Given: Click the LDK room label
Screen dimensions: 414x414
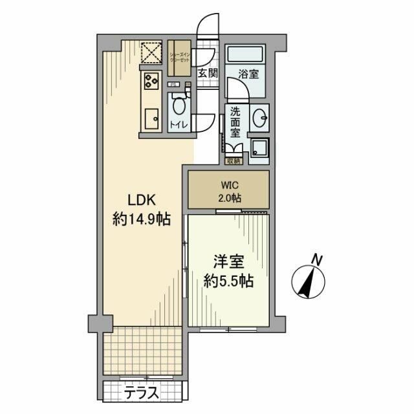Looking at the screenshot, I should pos(140,199).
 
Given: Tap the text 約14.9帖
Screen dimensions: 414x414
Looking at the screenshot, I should pos(141,220).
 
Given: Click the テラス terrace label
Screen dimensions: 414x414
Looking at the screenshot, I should pos(144,391).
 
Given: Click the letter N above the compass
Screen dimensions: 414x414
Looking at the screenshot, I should pos(316,259).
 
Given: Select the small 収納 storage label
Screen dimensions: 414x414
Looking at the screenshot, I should pos(233,160).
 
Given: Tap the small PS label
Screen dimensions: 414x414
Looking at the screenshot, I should pos(173,85).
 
